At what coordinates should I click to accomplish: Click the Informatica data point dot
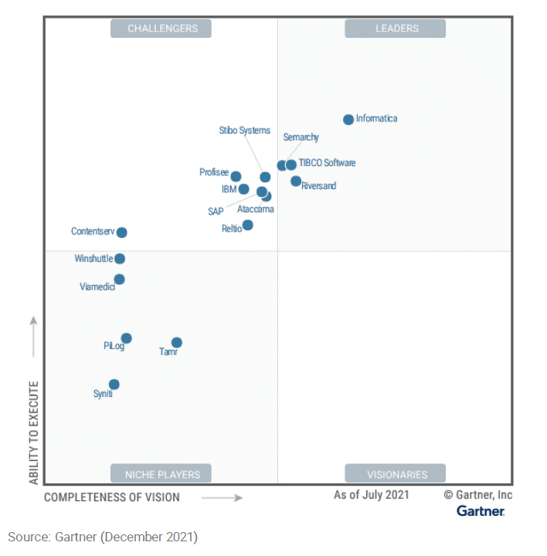(348, 120)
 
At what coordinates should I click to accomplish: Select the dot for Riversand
(296, 181)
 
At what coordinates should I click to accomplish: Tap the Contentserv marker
(121, 232)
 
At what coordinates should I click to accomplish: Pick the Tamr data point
(176, 343)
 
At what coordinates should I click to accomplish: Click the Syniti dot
(114, 385)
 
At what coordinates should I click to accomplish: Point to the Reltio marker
(247, 225)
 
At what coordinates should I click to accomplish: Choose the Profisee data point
(236, 177)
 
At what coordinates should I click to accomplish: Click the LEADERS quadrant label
(396, 29)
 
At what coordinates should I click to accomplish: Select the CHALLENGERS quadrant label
(161, 29)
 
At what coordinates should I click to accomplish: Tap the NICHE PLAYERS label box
(161, 474)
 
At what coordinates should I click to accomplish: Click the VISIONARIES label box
(396, 474)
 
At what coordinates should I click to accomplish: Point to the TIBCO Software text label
(327, 163)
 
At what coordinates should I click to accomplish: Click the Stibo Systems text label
(244, 131)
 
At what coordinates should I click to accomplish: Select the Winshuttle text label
(93, 259)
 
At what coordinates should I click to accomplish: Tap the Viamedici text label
(97, 286)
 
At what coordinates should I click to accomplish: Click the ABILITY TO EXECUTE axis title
(34, 432)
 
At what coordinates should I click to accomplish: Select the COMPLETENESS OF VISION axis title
(112, 497)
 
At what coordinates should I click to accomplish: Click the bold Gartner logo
(481, 511)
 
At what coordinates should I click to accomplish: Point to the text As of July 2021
(372, 495)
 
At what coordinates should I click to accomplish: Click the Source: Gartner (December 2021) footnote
(103, 536)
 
